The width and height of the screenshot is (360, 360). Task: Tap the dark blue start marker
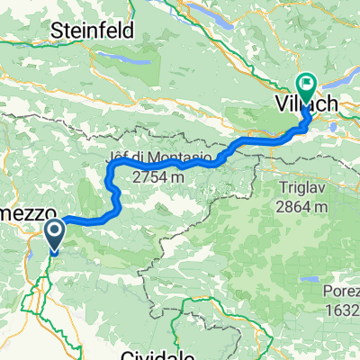point(54,238)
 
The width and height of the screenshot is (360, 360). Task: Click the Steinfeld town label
point(94,30)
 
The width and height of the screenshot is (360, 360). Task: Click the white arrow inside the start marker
point(54,234)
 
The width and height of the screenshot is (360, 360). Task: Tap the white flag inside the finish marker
point(307,86)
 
